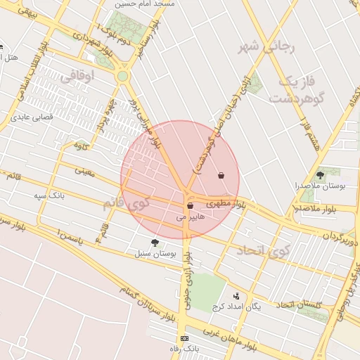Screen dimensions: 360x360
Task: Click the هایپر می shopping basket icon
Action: tap(191, 206)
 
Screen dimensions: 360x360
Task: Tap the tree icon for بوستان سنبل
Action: tap(155, 243)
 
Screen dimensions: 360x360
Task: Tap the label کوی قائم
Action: tap(127, 203)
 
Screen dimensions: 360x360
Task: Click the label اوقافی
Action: tap(78, 77)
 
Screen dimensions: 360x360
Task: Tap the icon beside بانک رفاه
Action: tap(184, 338)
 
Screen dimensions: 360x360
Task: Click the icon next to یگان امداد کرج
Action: tap(236, 296)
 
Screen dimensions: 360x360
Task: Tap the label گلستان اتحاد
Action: tap(300, 304)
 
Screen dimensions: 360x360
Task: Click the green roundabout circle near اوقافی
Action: tap(122, 76)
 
